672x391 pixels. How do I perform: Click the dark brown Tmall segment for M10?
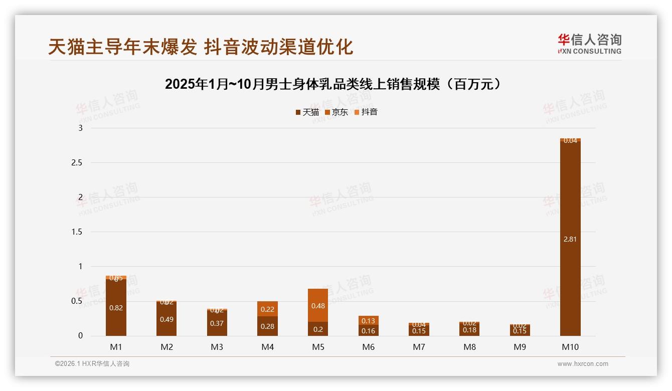coord(570,211)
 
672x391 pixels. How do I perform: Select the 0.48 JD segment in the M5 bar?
coord(318,305)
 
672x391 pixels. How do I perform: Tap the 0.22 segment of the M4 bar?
coord(268,309)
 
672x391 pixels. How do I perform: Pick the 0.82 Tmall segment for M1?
coord(116,308)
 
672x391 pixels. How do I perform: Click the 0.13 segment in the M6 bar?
coord(369,321)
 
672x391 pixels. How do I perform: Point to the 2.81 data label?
coord(570,239)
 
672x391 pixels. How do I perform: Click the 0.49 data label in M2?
coord(166,319)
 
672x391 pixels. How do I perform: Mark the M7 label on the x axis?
coord(419,347)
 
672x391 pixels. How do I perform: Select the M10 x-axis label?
coord(570,347)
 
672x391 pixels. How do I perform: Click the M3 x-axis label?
coord(217,347)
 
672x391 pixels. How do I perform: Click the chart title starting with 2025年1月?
coord(333,84)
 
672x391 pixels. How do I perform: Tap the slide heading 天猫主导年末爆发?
coord(201,47)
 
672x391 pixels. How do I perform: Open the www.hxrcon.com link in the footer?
coord(583,364)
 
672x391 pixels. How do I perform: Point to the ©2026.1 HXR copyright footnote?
coord(92,364)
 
